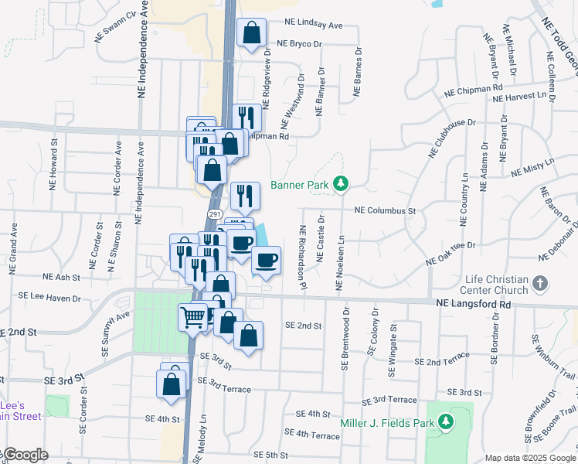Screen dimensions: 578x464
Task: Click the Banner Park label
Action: pos(299,185)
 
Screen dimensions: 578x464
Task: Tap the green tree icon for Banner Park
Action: pos(340,184)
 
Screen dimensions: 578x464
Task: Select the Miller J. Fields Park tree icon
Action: pos(445,421)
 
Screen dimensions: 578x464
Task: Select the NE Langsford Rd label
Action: pos(474,305)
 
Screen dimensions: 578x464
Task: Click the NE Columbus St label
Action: pos(385,210)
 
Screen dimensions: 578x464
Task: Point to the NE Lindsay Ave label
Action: pos(313,26)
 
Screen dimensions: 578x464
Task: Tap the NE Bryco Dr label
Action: pos(298,44)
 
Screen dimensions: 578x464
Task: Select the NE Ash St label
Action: pos(62,276)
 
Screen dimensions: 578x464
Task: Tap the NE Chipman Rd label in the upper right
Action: pos(473,90)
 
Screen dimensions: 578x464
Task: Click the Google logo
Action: pos(25,455)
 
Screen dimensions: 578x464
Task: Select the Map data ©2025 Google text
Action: pos(530,458)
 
